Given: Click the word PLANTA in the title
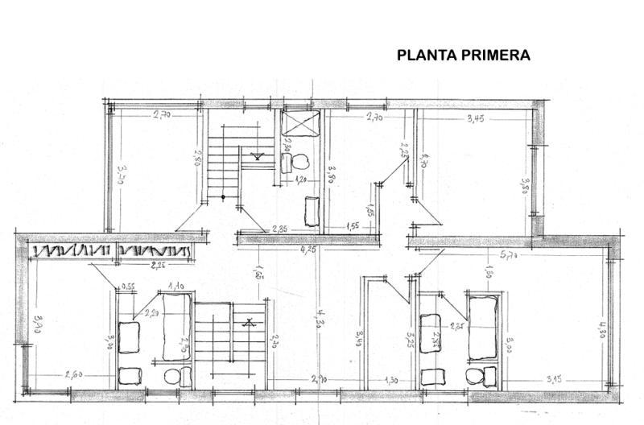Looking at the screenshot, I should pyautogui.click(x=427, y=56).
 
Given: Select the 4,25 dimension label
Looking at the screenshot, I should pyautogui.click(x=308, y=250).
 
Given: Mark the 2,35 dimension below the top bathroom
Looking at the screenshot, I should pyautogui.click(x=280, y=228).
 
